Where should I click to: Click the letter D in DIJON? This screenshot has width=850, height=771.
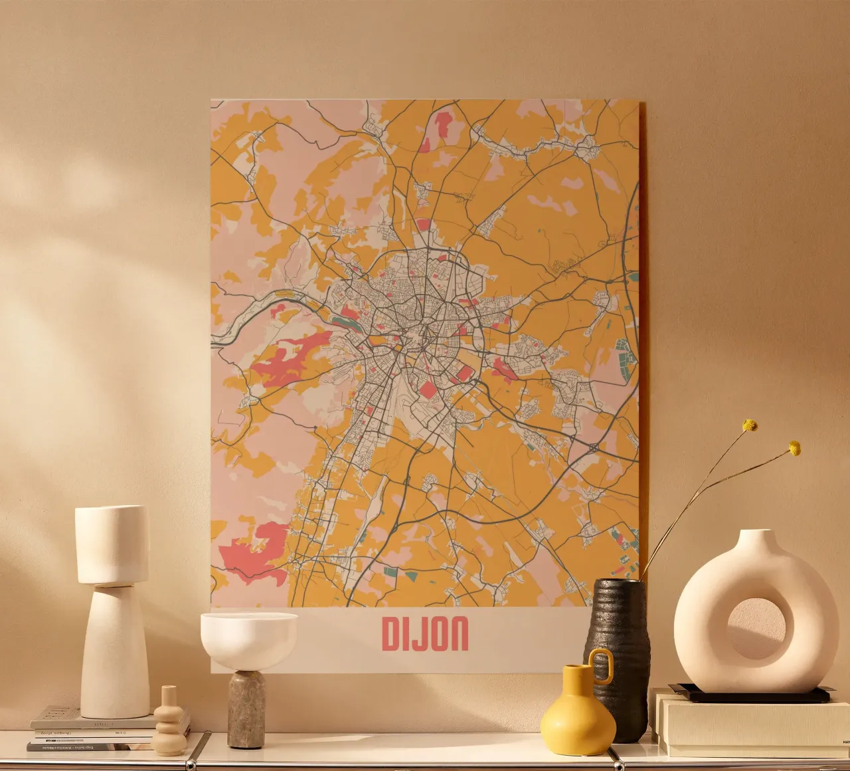click(x=391, y=634)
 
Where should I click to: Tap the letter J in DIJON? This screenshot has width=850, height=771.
click(x=416, y=634)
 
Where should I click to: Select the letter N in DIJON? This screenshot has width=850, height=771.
click(x=458, y=634)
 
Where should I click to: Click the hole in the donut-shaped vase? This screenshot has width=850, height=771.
click(x=756, y=629)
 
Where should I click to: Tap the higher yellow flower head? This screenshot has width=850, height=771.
click(x=750, y=425)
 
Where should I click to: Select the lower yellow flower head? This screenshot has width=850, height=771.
click(x=794, y=449)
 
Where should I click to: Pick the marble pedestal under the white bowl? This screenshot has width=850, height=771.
click(x=246, y=709)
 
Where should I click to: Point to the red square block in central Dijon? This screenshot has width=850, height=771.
click(x=429, y=388)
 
